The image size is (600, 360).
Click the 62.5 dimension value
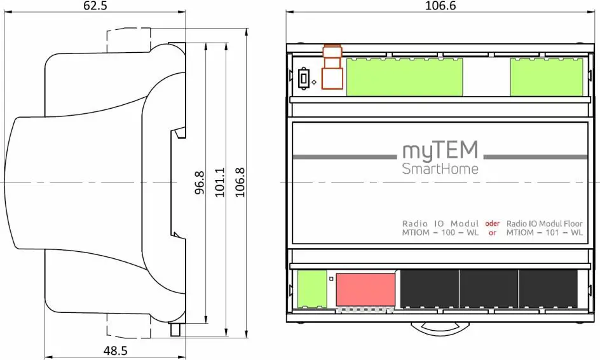click(95, 6)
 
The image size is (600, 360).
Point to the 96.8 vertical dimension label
click(200, 182)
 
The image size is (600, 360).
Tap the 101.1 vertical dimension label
click(220, 182)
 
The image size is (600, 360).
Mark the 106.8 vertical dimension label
click(240, 182)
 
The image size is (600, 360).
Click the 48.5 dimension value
click(115, 350)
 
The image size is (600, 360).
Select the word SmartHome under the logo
click(440, 169)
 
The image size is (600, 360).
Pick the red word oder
click(492, 223)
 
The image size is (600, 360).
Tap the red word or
click(492, 233)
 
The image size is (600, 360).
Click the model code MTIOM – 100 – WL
click(440, 233)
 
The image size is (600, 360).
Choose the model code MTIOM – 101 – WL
click(544, 233)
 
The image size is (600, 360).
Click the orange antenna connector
click(332, 69)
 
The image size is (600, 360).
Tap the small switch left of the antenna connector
click(304, 79)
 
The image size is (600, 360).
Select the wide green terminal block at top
click(404, 77)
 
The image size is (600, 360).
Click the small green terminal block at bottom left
click(311, 290)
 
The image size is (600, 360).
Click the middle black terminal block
click(487, 290)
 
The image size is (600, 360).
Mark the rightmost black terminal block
click(547, 290)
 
